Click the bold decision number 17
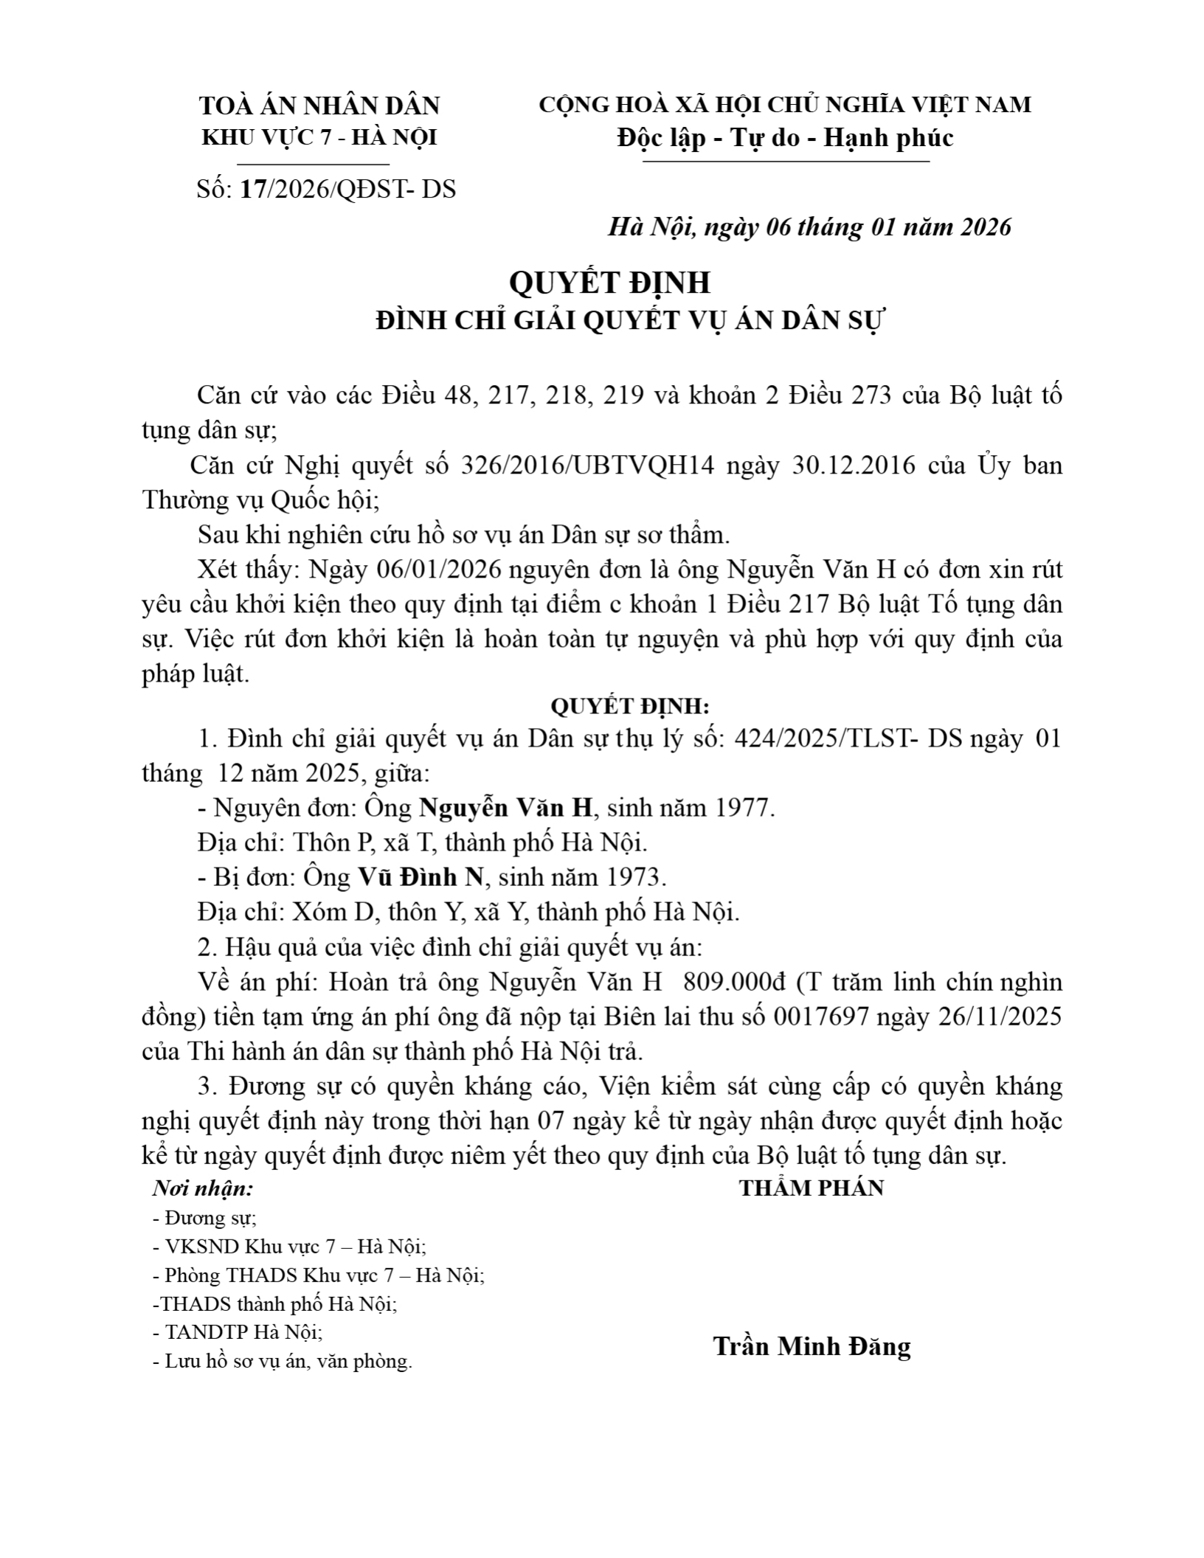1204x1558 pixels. (253, 190)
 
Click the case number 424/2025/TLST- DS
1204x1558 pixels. (848, 738)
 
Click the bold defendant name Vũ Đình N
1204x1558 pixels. (421, 877)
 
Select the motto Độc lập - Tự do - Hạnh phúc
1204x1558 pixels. (785, 138)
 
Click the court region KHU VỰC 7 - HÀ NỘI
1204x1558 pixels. (319, 138)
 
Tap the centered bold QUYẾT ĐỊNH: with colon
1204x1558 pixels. (630, 707)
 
